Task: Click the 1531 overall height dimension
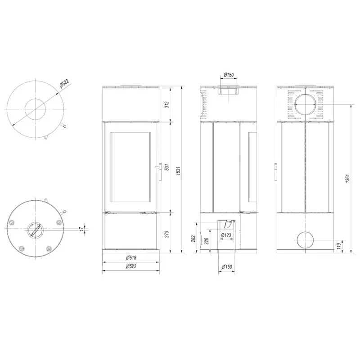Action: [179, 171]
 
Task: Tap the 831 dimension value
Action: [167, 167]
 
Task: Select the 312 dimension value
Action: [167, 105]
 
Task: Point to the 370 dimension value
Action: [167, 234]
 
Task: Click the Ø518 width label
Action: [131, 257]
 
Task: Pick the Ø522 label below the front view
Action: [131, 266]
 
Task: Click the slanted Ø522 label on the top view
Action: [64, 84]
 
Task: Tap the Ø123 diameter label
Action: [226, 235]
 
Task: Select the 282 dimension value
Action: [193, 238]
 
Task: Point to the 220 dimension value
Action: [207, 241]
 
